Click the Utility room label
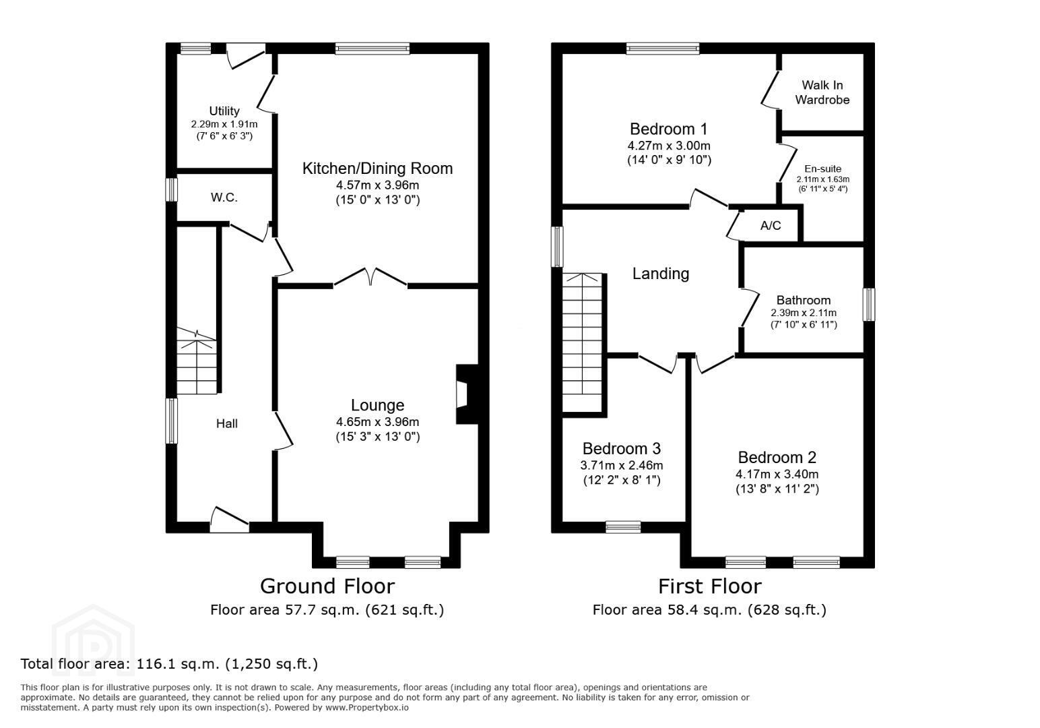pyautogui.click(x=224, y=111)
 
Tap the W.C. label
pyautogui.click(x=224, y=198)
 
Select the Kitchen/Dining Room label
pyautogui.click(x=377, y=168)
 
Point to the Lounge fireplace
pyautogui.click(x=467, y=394)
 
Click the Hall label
pyautogui.click(x=226, y=423)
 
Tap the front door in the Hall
pyautogui.click(x=230, y=520)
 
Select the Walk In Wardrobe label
pyautogui.click(x=822, y=92)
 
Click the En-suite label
pyautogui.click(x=822, y=169)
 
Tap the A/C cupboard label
pyautogui.click(x=771, y=226)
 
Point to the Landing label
pyautogui.click(x=661, y=274)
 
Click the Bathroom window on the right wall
pyautogui.click(x=869, y=304)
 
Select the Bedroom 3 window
pyautogui.click(x=623, y=527)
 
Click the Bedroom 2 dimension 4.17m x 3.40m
pyautogui.click(x=777, y=475)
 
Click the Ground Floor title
pyautogui.click(x=327, y=586)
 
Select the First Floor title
pyautogui.click(x=710, y=586)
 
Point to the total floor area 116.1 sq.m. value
pyautogui.click(x=177, y=664)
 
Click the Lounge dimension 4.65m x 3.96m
pyautogui.click(x=377, y=422)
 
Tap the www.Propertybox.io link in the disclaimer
pyautogui.click(x=367, y=708)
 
